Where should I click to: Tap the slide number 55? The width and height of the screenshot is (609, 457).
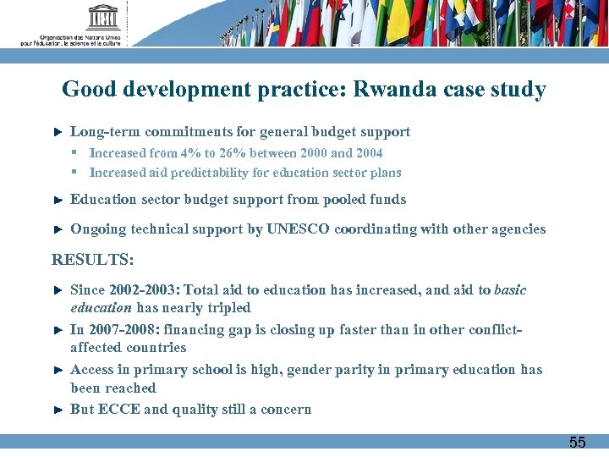pos(577,442)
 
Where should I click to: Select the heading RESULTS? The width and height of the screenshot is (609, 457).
pos(92,259)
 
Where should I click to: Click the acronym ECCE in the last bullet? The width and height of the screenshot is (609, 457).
pos(118,410)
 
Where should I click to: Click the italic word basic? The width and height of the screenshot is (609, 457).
pos(510,290)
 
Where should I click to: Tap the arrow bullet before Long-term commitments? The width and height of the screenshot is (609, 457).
pos(58,132)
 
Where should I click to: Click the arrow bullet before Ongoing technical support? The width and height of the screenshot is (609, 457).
pos(58,229)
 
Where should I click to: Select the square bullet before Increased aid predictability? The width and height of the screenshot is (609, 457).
pos(74,173)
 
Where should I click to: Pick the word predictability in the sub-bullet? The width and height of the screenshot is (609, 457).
pos(209,173)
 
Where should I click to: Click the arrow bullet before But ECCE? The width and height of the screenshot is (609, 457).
pos(58,410)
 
